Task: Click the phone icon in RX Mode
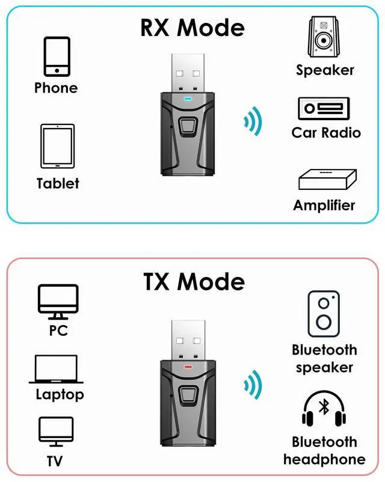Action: [56, 56]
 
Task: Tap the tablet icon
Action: [57, 147]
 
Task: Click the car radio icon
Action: [324, 108]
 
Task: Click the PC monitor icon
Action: [58, 302]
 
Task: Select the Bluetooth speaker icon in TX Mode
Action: [324, 314]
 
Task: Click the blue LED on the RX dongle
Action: [188, 96]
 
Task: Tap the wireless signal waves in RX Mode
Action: [253, 120]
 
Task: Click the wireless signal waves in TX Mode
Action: [253, 385]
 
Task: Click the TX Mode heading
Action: [194, 281]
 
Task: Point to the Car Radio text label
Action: [326, 132]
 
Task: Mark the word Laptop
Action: [60, 395]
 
